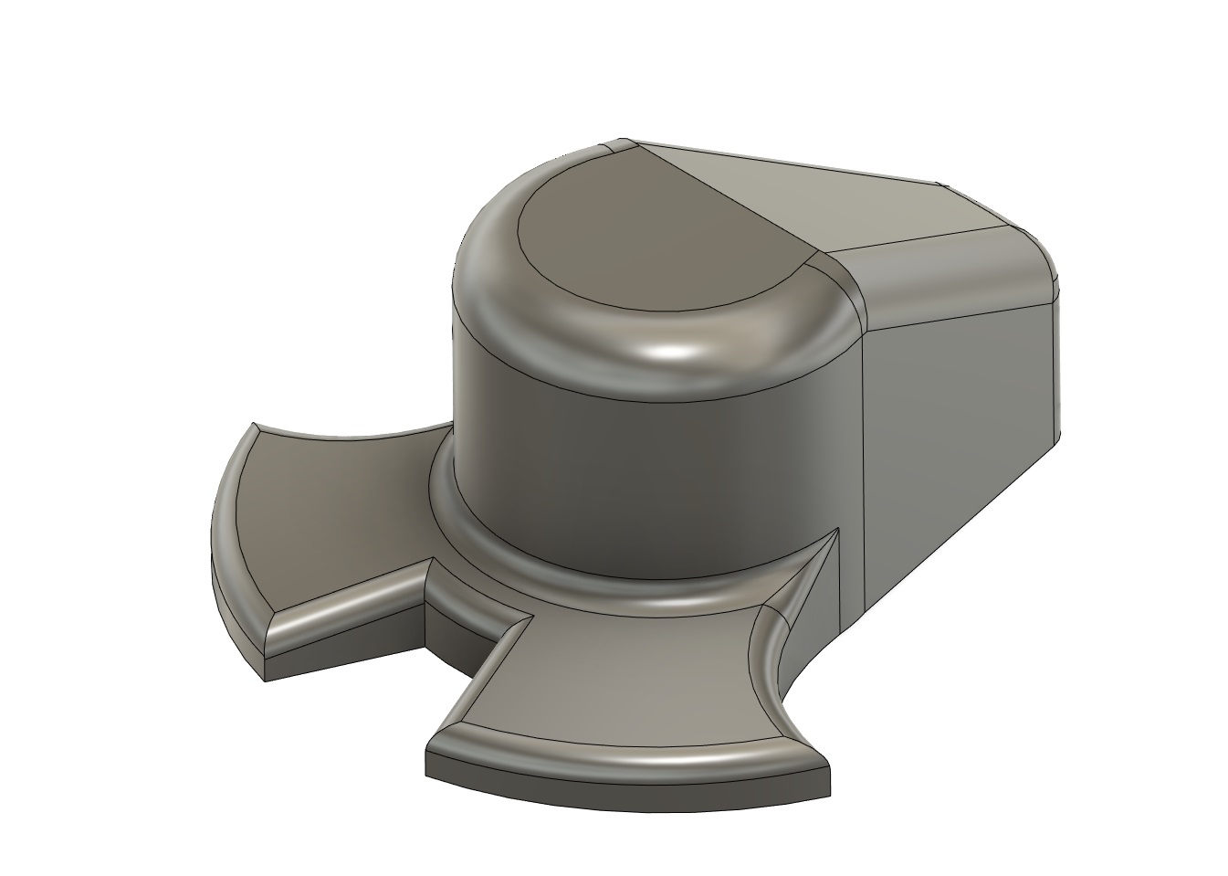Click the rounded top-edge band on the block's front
[950, 274]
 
